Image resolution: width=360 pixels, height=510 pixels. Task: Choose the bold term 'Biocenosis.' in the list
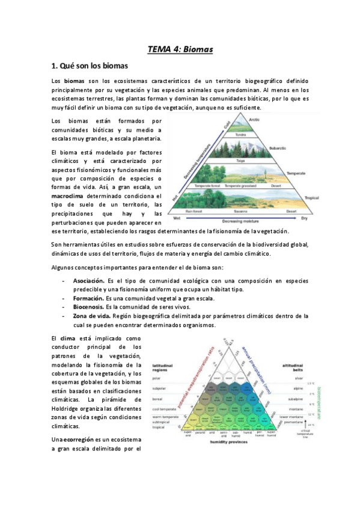88,306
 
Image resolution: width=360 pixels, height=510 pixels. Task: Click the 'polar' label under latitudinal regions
159,379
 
